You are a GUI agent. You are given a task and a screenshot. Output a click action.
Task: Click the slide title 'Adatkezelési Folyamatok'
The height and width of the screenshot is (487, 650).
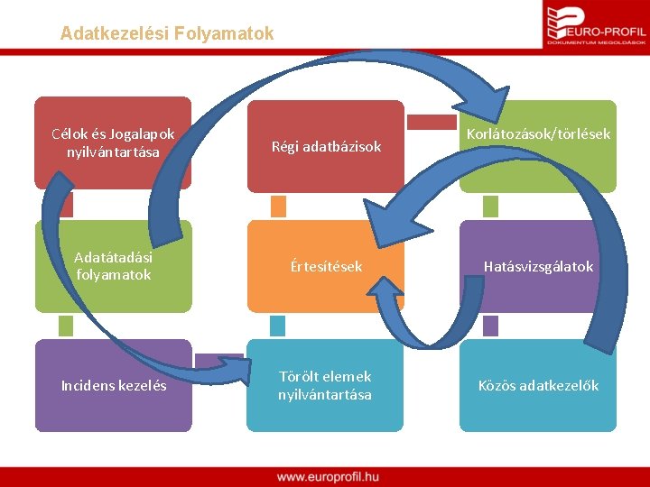[167, 33]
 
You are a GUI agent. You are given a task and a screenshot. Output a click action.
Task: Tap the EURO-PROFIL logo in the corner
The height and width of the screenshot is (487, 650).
[596, 24]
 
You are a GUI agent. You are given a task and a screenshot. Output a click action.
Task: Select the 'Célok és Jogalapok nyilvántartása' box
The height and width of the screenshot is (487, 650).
[113, 143]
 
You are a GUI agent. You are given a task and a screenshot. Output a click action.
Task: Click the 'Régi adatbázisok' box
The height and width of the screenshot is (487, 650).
[326, 146]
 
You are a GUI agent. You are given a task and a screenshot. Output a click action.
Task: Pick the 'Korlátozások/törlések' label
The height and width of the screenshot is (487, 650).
[538, 134]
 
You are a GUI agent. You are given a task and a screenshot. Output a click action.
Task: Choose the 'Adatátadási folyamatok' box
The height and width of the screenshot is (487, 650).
[113, 266]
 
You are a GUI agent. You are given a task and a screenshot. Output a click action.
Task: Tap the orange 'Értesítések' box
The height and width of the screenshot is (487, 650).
[326, 267]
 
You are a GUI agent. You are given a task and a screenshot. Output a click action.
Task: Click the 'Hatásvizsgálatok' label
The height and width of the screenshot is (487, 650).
[538, 267]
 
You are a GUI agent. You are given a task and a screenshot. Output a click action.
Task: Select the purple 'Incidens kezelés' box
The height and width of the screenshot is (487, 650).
[113, 386]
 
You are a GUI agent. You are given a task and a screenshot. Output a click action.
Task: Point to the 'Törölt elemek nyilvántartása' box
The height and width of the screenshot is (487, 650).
[325, 386]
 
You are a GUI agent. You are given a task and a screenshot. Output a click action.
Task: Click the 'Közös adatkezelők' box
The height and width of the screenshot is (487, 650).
[538, 386]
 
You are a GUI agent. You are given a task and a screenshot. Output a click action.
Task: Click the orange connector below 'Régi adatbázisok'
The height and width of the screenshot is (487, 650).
[278, 207]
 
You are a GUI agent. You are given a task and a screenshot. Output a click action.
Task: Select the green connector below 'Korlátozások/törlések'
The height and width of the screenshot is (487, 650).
[491, 207]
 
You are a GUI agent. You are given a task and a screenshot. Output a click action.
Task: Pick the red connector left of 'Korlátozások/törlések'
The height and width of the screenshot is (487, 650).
[432, 122]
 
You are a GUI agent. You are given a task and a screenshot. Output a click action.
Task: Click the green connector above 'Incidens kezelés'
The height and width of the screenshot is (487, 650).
[65, 326]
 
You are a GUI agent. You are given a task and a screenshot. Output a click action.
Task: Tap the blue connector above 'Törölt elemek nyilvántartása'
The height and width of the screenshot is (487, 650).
[278, 326]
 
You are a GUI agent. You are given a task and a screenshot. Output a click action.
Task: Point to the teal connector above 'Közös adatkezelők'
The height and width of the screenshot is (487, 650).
[491, 326]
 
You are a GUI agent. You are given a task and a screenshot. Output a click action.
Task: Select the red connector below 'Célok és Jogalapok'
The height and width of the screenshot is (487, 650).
[65, 206]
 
